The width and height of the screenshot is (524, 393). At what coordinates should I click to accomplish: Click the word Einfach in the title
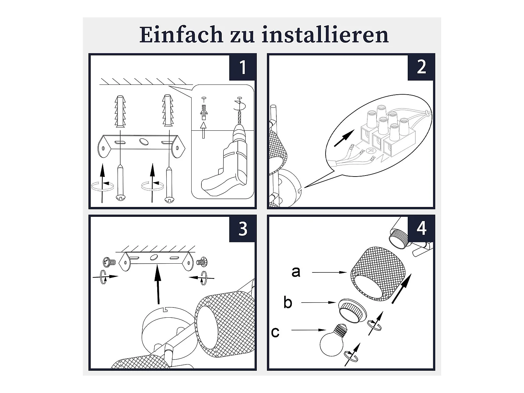181,35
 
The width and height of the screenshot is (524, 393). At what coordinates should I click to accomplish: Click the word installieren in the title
325,35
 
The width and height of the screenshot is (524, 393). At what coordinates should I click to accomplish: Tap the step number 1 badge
242,67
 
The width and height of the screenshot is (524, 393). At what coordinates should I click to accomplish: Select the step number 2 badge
421,67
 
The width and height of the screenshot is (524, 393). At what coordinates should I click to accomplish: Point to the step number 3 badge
242,229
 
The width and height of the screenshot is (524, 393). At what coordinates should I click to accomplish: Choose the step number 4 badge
421,229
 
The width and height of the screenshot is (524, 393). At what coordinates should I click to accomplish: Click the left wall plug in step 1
120,111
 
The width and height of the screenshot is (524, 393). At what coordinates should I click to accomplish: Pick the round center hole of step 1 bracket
144,141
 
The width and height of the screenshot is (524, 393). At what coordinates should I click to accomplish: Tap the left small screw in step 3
109,262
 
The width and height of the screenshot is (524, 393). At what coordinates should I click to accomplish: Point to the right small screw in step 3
202,262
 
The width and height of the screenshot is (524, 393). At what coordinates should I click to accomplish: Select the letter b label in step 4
288,302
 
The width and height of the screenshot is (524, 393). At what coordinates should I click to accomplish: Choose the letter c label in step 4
275,332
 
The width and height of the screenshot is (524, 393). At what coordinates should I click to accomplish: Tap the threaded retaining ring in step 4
352,310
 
